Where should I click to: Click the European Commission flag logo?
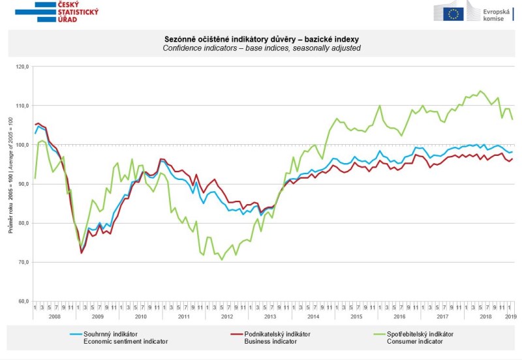tap(455, 11)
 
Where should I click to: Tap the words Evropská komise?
tap(497, 16)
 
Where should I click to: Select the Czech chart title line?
tap(260, 38)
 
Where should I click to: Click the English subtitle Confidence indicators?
tap(260, 48)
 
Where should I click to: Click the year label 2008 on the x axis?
tap(54, 316)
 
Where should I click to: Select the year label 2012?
tap(226, 316)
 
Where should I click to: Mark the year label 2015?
tap(356, 316)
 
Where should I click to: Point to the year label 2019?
tap(508, 316)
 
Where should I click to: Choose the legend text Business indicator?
tap(268, 341)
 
